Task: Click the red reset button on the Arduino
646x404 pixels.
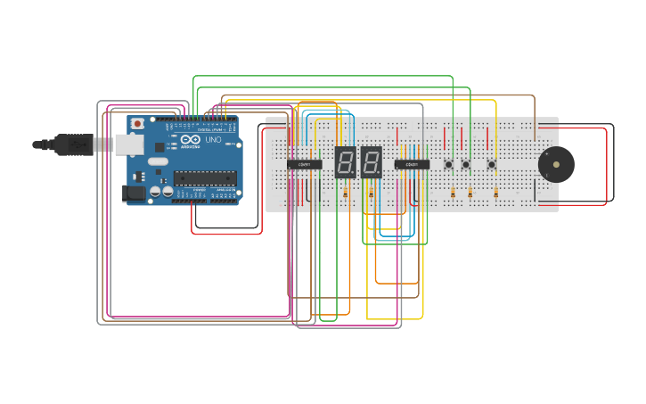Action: click(137, 123)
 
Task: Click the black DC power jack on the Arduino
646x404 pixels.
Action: click(132, 192)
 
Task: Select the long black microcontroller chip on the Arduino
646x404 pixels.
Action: click(205, 177)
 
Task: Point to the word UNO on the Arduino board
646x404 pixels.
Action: click(214, 140)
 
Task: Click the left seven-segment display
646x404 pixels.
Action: click(346, 161)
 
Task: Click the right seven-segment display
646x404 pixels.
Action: click(372, 161)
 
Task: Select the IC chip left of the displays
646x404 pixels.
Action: click(305, 164)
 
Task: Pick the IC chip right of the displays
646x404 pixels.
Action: click(412, 164)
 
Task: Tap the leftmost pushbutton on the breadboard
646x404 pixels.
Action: click(449, 164)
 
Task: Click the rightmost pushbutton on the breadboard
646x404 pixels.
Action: click(491, 164)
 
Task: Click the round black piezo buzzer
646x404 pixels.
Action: click(556, 165)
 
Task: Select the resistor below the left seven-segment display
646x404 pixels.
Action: click(345, 193)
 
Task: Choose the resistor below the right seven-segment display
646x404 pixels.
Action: click(371, 193)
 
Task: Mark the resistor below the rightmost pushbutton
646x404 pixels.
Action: click(495, 193)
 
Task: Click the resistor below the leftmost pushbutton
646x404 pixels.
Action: click(453, 193)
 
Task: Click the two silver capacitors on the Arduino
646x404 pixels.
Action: click(161, 191)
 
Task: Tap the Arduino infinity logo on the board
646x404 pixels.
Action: click(190, 140)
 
